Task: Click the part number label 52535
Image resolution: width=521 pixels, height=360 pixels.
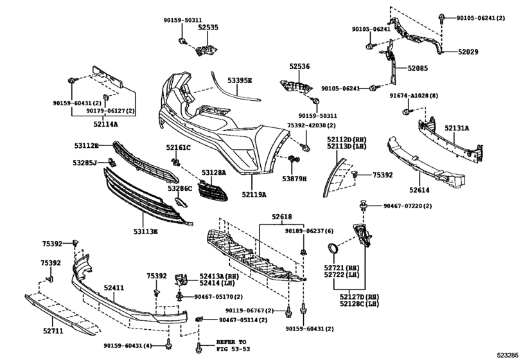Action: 208,27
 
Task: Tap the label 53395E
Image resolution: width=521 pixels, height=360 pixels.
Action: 240,80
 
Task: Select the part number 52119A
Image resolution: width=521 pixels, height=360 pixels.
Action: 254,194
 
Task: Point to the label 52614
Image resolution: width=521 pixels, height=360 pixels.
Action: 419,190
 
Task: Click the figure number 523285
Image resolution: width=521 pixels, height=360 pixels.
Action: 508,354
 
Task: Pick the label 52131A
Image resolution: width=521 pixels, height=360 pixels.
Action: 457,128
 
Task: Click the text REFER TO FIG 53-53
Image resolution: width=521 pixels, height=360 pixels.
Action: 233,346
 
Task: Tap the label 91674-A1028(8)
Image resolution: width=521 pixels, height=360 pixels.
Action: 414,96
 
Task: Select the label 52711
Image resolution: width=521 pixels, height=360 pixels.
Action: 53,330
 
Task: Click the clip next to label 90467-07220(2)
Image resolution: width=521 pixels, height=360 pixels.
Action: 364,206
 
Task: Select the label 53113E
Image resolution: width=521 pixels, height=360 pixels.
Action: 146,231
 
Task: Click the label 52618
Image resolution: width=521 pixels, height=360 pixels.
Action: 282,217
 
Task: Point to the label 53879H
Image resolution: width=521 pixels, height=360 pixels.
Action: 294,179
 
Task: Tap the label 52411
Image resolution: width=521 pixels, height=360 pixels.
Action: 114,287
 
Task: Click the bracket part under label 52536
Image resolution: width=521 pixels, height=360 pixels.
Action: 296,87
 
